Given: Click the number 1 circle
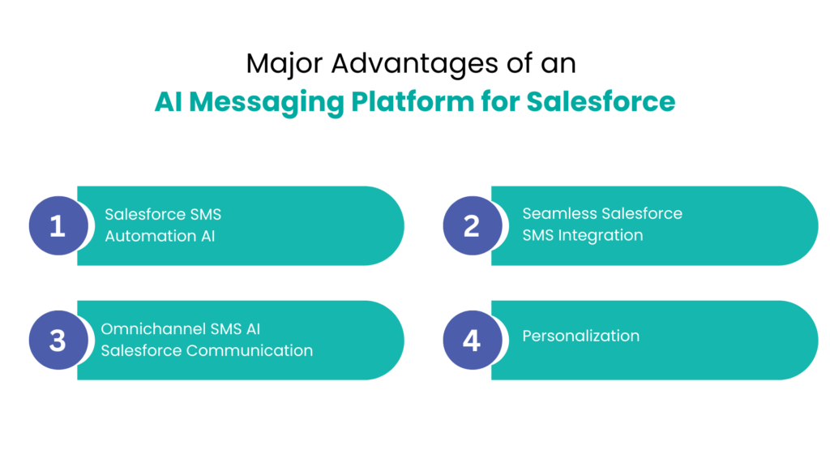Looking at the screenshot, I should coord(57,225).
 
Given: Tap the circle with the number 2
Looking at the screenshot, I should coord(471,225).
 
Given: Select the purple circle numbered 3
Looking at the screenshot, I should coord(57,340).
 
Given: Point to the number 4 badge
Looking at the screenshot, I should coord(471,340).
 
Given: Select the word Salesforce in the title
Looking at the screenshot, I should coord(601,102).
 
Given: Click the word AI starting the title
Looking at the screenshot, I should coord(169,102).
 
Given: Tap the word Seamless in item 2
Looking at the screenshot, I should coord(559,214).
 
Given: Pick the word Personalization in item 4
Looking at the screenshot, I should coord(580,336).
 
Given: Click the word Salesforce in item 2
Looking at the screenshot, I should coord(642,214).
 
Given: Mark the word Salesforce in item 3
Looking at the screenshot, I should coord(141,351).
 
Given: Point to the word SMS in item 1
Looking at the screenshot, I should coord(206,215).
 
